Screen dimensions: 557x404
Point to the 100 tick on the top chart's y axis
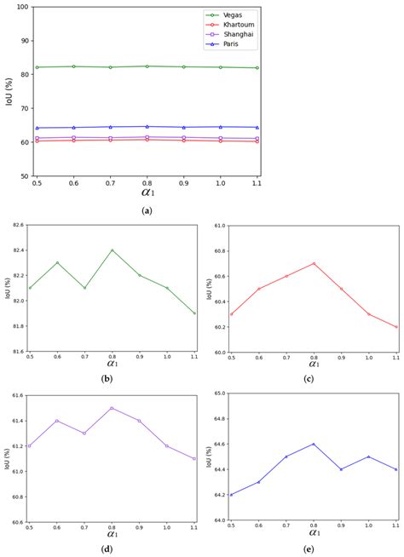coord(22,7)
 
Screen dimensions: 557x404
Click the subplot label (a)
coord(147,206)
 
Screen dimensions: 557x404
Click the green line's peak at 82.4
coord(112,250)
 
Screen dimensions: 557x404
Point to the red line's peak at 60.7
coord(315,263)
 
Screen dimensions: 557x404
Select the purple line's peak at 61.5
coord(112,408)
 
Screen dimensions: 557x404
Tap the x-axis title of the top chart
coord(147,192)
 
